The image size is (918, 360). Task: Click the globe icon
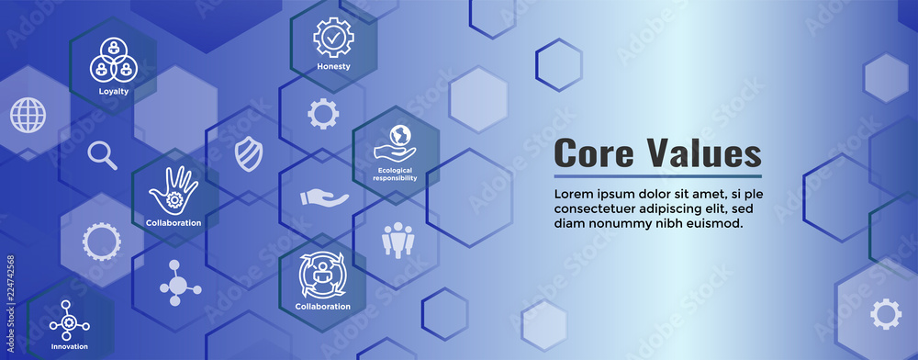(28, 115)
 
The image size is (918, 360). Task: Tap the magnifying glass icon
(103, 155)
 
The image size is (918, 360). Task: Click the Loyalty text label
(114, 92)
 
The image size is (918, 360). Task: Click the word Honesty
(333, 66)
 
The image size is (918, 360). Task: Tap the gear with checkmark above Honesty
(332, 37)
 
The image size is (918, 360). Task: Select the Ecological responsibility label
(396, 174)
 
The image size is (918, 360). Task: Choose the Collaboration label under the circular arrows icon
(322, 306)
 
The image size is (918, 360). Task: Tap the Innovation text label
(70, 346)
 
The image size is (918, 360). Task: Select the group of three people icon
(397, 240)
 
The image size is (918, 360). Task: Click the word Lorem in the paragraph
(575, 193)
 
